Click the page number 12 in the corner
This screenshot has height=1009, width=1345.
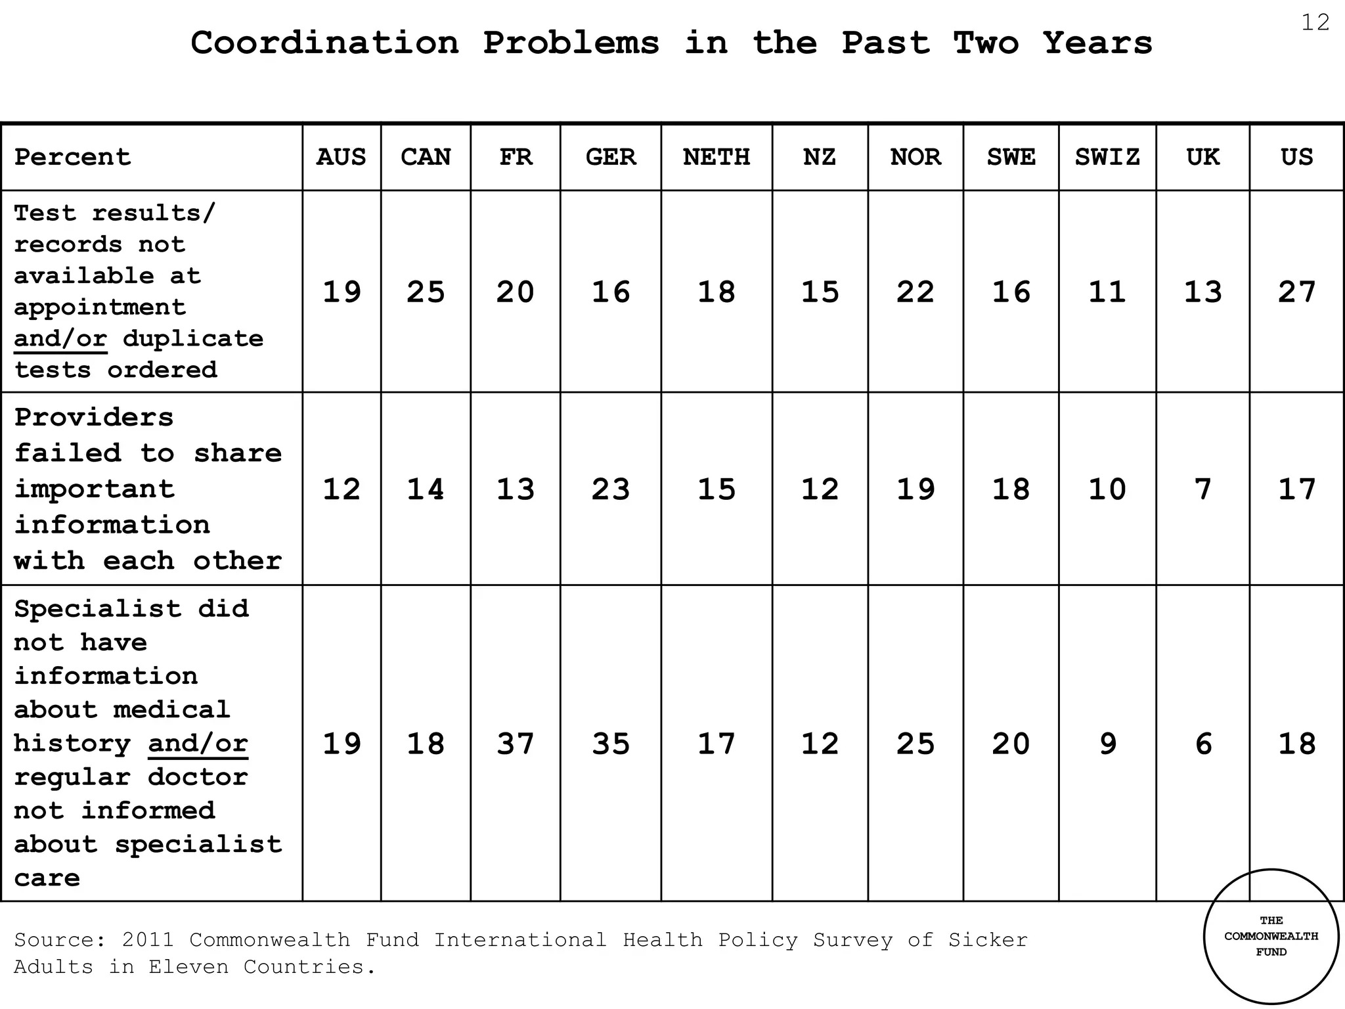(x=1315, y=23)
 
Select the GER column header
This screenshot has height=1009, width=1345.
(x=611, y=157)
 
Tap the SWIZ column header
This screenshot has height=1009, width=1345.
(x=1107, y=157)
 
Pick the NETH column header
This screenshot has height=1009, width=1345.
(x=717, y=157)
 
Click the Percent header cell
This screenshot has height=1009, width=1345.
(x=73, y=157)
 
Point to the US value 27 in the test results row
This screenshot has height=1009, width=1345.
(x=1297, y=292)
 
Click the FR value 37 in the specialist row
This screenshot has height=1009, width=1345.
(x=516, y=744)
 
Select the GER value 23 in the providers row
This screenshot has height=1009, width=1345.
(x=611, y=489)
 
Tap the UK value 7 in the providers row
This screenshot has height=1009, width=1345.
(x=1202, y=489)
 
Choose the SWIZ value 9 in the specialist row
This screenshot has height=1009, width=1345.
(x=1107, y=744)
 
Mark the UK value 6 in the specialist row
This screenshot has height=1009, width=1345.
(x=1202, y=744)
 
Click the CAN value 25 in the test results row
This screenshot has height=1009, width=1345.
(x=426, y=292)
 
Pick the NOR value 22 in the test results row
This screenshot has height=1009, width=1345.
(x=915, y=292)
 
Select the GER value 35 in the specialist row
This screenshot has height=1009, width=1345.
(x=611, y=744)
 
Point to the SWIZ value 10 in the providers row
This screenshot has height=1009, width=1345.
(x=1107, y=489)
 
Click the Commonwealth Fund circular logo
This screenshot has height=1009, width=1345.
(x=1271, y=937)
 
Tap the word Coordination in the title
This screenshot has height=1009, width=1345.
(x=324, y=43)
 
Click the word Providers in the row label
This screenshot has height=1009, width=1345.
(x=94, y=418)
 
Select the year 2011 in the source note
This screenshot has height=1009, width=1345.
(x=148, y=940)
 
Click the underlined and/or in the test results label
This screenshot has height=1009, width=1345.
(x=60, y=339)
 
